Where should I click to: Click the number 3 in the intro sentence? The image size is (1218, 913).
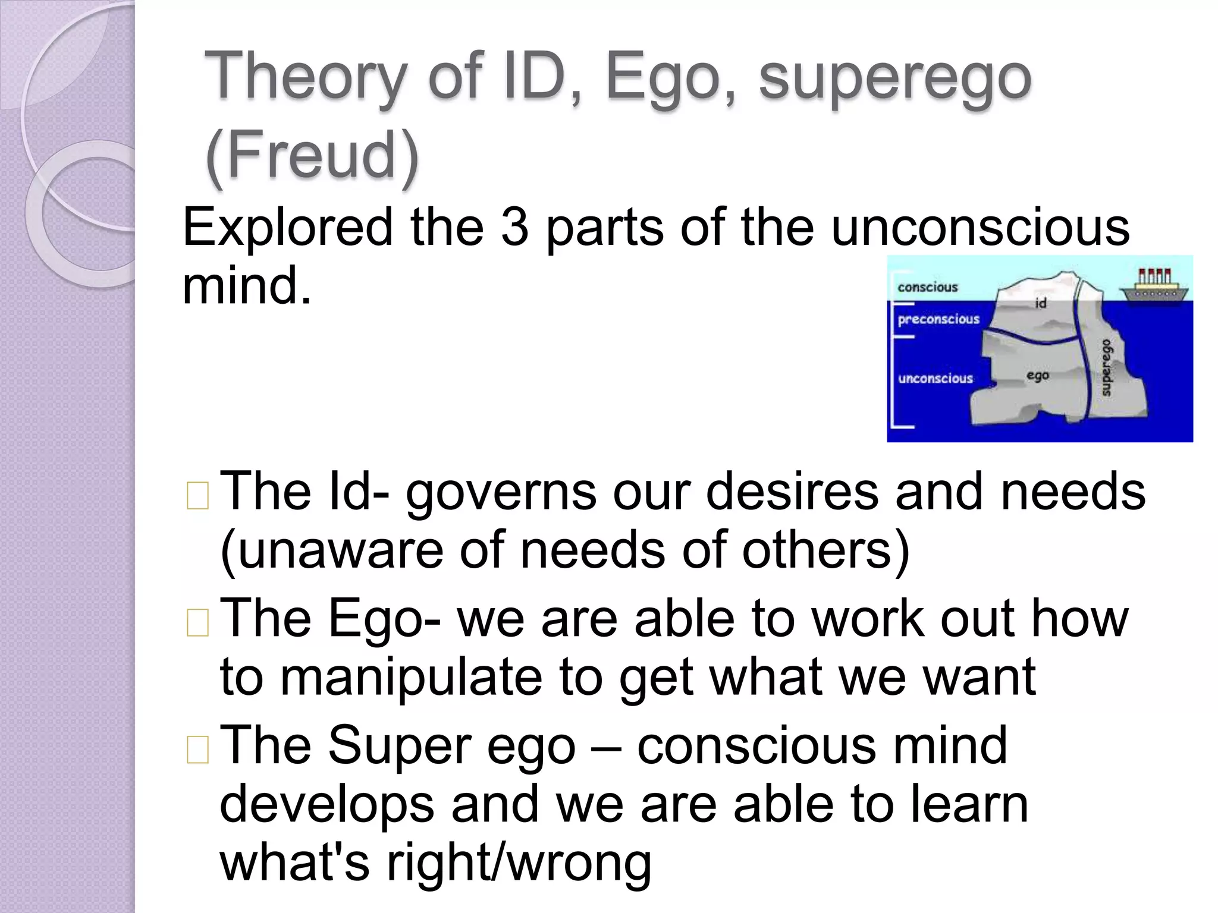[514, 227]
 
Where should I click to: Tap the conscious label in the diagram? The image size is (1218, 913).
[928, 287]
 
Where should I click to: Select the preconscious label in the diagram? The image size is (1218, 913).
[938, 319]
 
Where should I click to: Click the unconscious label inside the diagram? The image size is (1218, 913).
[936, 378]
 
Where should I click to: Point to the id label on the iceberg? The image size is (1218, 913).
[1041, 303]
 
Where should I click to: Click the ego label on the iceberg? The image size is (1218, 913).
[1038, 375]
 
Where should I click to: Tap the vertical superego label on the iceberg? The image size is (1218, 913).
[1106, 367]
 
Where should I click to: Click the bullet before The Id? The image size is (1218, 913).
[197, 496]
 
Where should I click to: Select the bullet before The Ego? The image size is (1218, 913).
[197, 623]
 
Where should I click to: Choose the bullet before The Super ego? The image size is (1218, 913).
[197, 750]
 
